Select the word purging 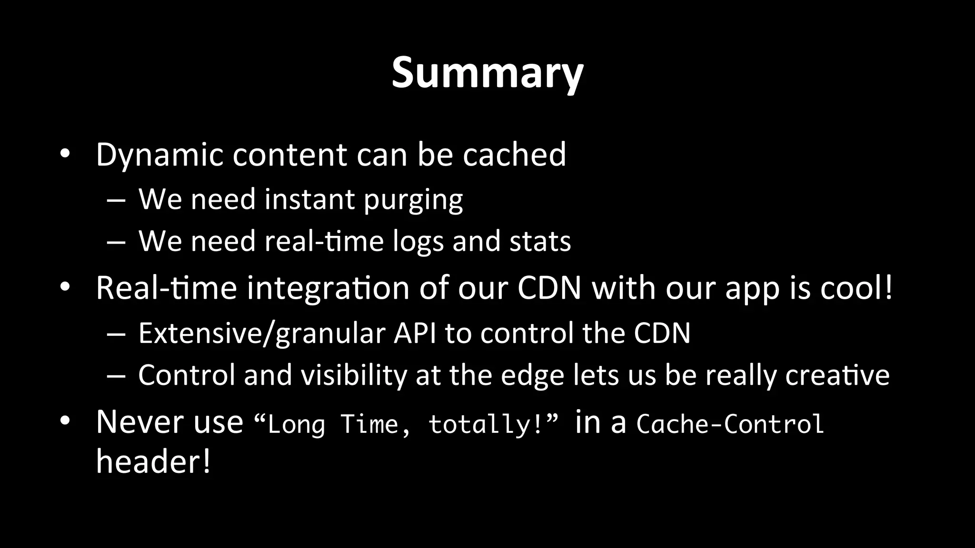click(x=413, y=200)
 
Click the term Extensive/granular click(x=261, y=333)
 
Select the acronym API click(x=415, y=333)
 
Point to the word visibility click(x=353, y=375)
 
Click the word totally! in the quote click(x=486, y=424)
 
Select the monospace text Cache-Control click(x=730, y=424)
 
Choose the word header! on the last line click(x=153, y=461)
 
